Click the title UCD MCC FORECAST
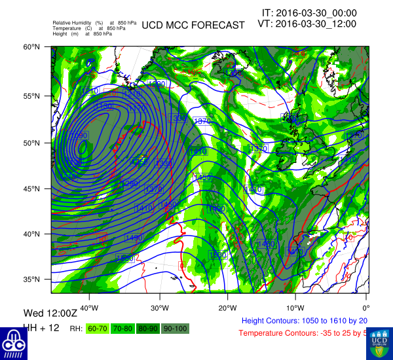(193, 25)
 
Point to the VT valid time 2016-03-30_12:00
(307, 24)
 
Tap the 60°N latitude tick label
(32, 47)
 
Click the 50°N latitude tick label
(32, 143)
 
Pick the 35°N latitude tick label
(32, 279)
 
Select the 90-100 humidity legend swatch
(175, 328)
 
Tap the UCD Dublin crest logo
(379, 342)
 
